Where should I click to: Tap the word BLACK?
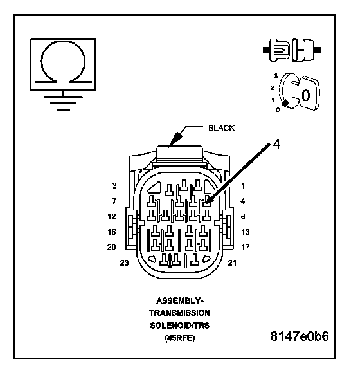(x=221, y=128)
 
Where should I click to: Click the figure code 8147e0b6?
(x=300, y=336)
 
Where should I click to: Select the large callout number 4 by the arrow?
(x=276, y=144)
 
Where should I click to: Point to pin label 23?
(x=124, y=263)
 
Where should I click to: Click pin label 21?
(x=232, y=263)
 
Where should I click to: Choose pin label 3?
(x=114, y=186)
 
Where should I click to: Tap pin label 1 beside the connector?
(x=243, y=186)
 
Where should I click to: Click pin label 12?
(x=112, y=216)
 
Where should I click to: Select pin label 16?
(x=112, y=232)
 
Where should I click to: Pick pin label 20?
(x=112, y=247)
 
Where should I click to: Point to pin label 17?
(x=246, y=247)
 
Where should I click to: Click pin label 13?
(x=246, y=232)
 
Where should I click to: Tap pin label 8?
(x=243, y=216)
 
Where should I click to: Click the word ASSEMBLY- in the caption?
(x=180, y=300)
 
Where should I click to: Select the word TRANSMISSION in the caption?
(x=180, y=313)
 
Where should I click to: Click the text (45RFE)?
(x=180, y=338)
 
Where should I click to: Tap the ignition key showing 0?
(x=305, y=93)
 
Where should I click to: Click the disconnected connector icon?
(x=292, y=50)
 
